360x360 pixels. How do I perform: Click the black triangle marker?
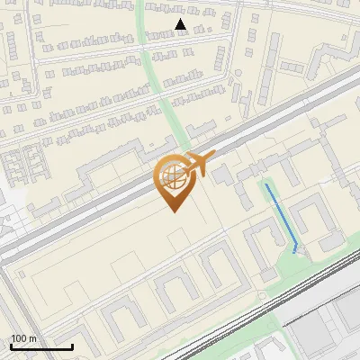pos(181,25)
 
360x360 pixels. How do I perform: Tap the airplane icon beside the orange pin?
pos(196,166)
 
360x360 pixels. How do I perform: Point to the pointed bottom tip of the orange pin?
pos(171,211)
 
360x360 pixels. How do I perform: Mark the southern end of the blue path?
pos(296,251)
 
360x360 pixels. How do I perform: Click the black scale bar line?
pos(40,347)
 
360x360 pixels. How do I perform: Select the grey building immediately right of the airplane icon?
pos(220,174)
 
